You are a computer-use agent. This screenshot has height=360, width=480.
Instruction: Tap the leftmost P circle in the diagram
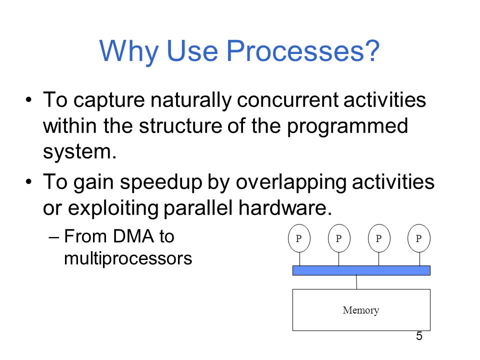pyautogui.click(x=299, y=238)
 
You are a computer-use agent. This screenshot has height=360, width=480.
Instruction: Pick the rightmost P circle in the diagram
pyautogui.click(x=419, y=238)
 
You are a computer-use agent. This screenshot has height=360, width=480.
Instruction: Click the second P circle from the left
pyautogui.click(x=339, y=238)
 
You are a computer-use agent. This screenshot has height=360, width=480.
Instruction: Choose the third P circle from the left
pyautogui.click(x=379, y=238)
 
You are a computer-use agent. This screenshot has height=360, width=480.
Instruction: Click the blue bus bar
pyautogui.click(x=361, y=270)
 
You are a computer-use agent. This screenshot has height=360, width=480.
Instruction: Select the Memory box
pyautogui.click(x=361, y=310)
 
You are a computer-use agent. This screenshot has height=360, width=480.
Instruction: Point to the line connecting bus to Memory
pyautogui.click(x=356, y=282)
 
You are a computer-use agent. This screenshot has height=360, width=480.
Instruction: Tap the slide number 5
pyautogui.click(x=419, y=336)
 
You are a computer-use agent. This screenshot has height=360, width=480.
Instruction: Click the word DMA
pyautogui.click(x=133, y=236)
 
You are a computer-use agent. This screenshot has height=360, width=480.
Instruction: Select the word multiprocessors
pyautogui.click(x=128, y=258)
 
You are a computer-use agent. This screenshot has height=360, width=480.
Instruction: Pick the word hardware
pyautogui.click(x=284, y=207)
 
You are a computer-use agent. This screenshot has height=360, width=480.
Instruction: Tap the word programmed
pyautogui.click(x=347, y=126)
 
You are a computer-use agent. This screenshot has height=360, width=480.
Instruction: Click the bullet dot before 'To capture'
pyautogui.click(x=29, y=100)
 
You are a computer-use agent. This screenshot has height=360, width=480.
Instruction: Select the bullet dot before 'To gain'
pyautogui.click(x=29, y=182)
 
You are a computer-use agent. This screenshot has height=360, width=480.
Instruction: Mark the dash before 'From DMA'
pyautogui.click(x=53, y=237)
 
